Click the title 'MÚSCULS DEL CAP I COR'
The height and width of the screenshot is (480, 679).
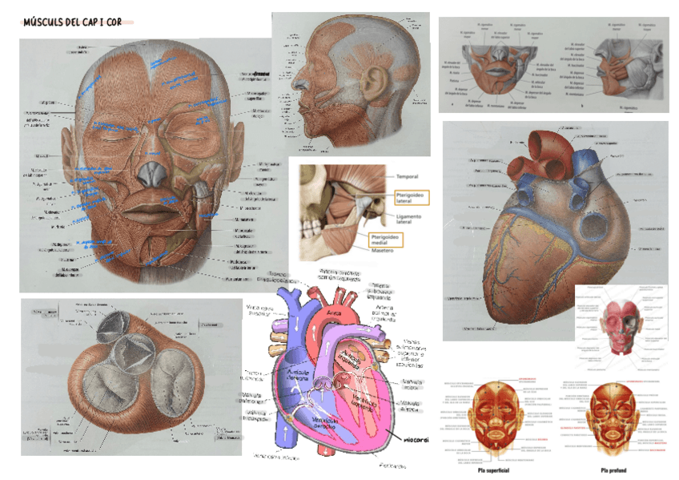tap(73, 22)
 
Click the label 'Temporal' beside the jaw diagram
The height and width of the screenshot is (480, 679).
tap(408, 176)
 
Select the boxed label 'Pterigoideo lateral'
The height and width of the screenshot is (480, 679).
tap(411, 197)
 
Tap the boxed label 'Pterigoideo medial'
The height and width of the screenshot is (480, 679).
tap(385, 238)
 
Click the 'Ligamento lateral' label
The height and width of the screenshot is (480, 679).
tap(414, 220)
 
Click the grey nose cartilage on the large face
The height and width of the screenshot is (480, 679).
tap(149, 174)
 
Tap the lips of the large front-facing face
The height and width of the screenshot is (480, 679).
tap(149, 213)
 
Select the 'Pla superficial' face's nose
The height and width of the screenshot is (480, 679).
tap(498, 416)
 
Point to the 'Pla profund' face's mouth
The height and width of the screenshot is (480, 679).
tap(614, 429)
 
